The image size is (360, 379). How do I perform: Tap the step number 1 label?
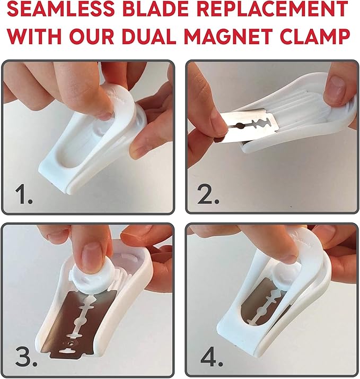[24, 195]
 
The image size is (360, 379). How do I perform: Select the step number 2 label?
[208, 195]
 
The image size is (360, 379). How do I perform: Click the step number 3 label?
[26, 357]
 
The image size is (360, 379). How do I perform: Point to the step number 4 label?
[212, 357]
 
